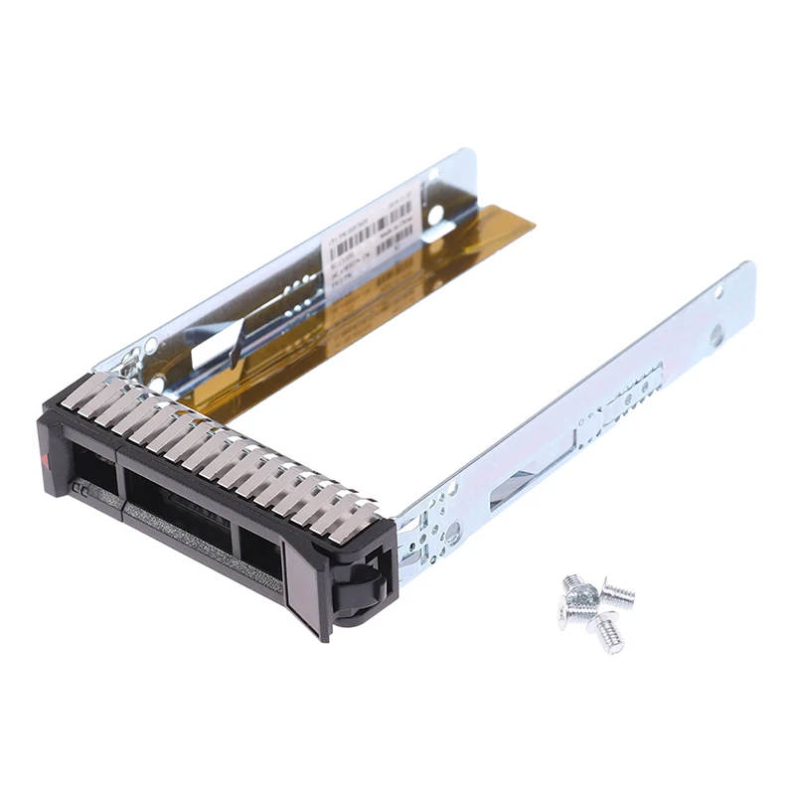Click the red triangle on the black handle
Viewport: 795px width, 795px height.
click(48, 459)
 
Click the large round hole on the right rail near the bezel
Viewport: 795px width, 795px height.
click(452, 535)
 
